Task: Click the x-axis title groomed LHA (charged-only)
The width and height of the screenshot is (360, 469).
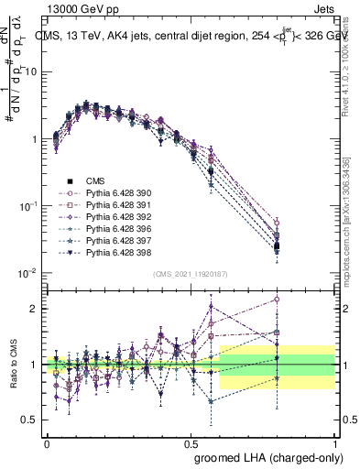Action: click(x=265, y=456)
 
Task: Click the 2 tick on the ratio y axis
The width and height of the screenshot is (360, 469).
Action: click(x=34, y=309)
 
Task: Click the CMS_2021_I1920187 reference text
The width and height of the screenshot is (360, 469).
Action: click(x=190, y=273)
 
